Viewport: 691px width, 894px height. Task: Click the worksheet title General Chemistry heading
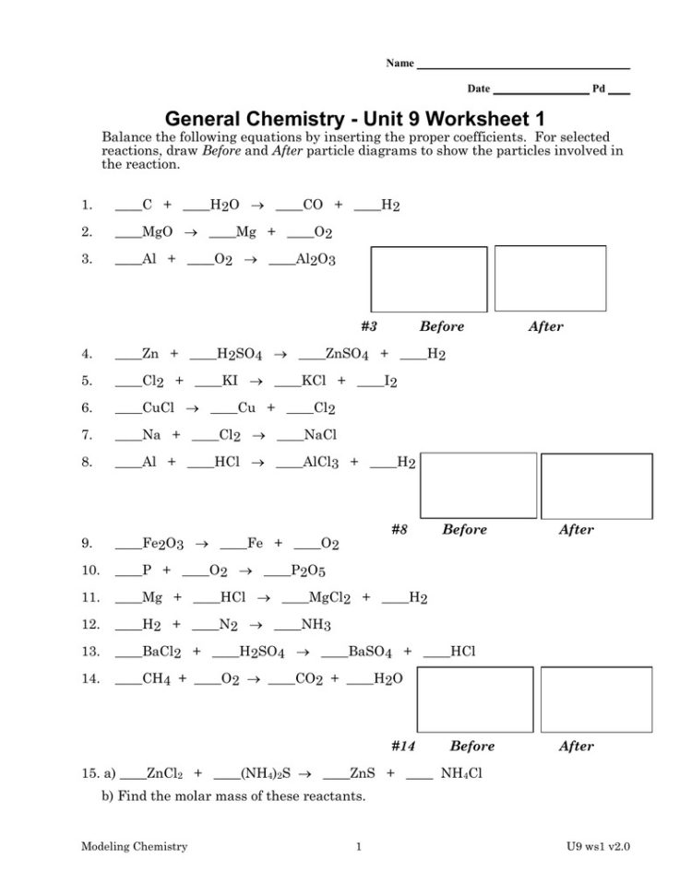[x=354, y=120]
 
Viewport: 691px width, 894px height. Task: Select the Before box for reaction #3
[x=428, y=279]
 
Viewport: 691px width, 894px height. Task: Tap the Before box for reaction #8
[x=478, y=485]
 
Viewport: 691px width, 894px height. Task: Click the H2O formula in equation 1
[x=225, y=206]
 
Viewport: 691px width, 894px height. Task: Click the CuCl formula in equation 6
[x=159, y=408]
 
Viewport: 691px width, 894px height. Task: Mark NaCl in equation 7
[x=320, y=435]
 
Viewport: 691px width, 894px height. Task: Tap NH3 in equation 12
[x=316, y=625]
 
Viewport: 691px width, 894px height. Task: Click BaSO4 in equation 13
[x=370, y=653]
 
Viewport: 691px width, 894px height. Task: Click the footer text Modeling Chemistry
[x=134, y=846]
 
